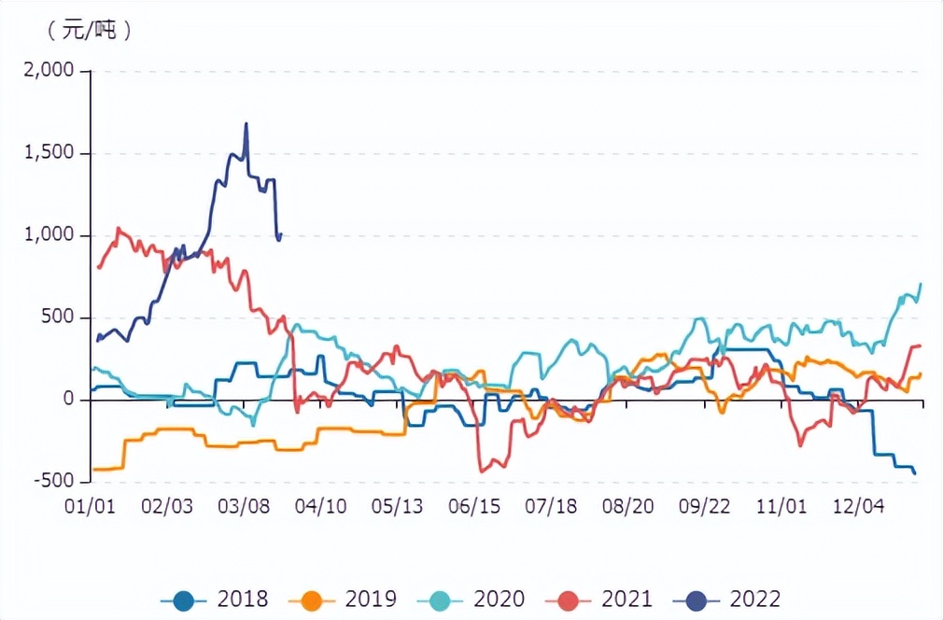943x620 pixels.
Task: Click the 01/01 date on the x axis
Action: coord(91,506)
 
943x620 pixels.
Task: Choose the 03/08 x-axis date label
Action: coord(244,506)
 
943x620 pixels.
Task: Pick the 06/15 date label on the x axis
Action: coord(474,506)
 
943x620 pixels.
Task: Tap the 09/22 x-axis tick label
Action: coord(704,506)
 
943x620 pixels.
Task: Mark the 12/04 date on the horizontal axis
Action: coord(858,506)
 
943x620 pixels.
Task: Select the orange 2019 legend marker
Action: coord(313,599)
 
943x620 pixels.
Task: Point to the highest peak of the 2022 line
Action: coord(246,123)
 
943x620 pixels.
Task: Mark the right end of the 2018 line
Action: coord(915,473)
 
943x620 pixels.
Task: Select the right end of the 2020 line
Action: coord(921,283)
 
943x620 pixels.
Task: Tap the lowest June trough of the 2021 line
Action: coord(482,472)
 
